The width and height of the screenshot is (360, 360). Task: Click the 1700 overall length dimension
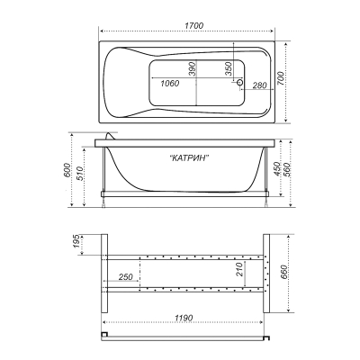[x=193, y=25]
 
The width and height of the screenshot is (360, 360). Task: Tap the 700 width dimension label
[x=281, y=78]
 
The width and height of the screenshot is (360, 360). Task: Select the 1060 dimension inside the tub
[x=169, y=83]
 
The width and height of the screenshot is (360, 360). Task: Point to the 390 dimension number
[x=192, y=68]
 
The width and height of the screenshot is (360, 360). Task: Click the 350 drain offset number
[x=229, y=68]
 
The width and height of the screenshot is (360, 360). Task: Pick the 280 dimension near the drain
[x=259, y=85]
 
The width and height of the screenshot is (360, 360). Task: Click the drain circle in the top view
[x=240, y=82]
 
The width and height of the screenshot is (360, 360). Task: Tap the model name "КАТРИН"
[x=189, y=157]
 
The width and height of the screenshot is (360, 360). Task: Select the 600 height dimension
[x=67, y=170]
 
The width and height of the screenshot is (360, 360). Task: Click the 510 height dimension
[x=80, y=174]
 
